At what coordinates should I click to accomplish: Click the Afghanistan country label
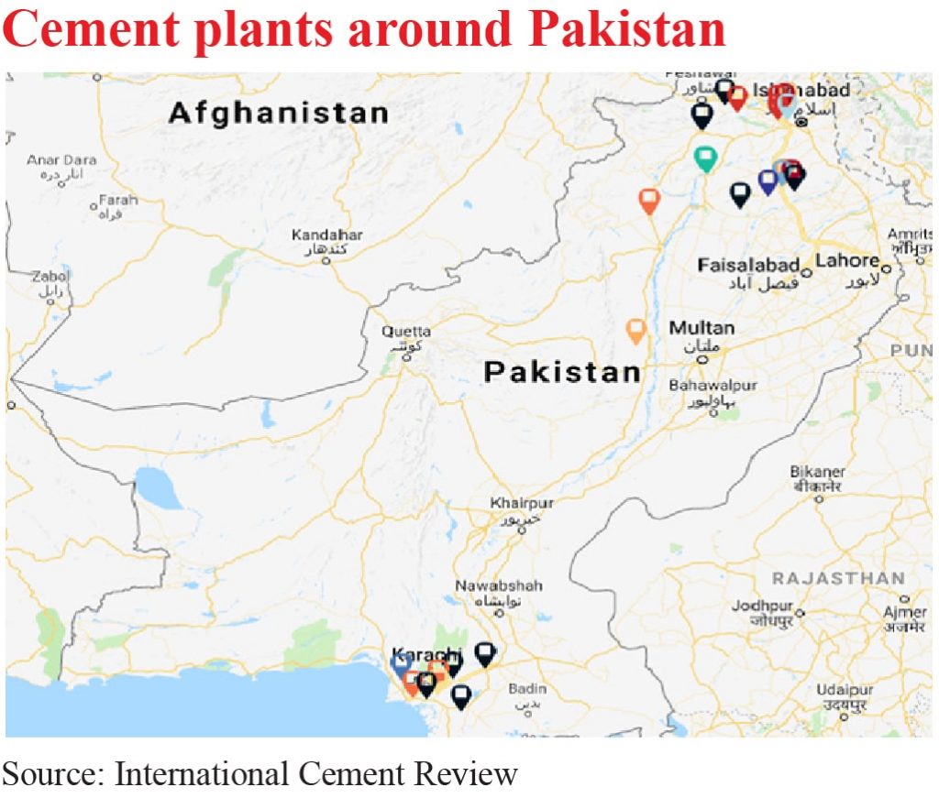(x=278, y=114)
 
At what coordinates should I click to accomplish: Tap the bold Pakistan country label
(x=562, y=372)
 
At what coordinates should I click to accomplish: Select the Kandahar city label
(x=326, y=235)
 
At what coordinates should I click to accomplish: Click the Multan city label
(x=701, y=328)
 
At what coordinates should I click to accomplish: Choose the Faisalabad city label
(x=748, y=266)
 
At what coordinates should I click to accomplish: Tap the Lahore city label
(x=846, y=261)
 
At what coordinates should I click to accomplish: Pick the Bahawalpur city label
(x=713, y=386)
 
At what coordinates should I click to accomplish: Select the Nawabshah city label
(x=500, y=585)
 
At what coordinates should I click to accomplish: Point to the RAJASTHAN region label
(x=838, y=579)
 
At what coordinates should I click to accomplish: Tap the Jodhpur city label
(x=762, y=607)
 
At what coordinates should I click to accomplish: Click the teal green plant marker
(x=705, y=158)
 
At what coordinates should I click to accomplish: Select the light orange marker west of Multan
(x=635, y=329)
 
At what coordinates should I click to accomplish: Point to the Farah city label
(x=118, y=200)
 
